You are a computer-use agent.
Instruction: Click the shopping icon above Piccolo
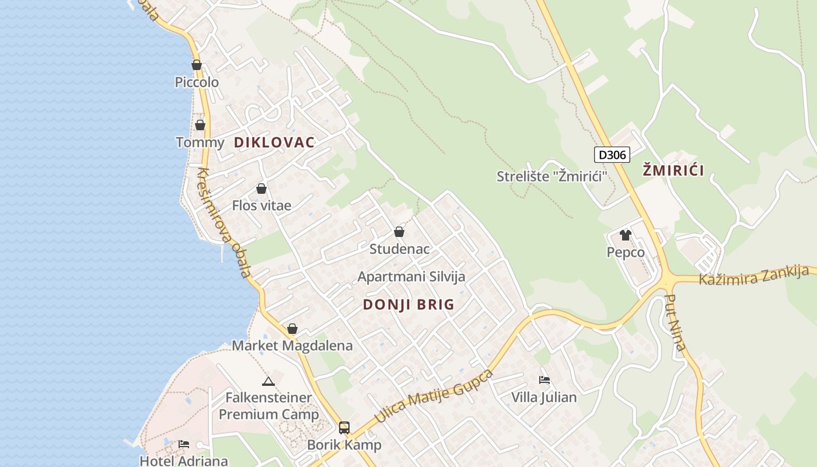(197, 65)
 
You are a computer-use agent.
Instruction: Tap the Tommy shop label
(200, 142)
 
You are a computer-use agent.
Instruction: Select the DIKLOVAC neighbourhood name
(274, 142)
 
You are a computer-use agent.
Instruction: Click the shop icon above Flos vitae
(261, 189)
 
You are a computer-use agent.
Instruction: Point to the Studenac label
(400, 249)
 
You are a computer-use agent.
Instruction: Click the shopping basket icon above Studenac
(399, 232)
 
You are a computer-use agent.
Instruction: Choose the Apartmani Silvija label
(411, 277)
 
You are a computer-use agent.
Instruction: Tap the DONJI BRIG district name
(408, 305)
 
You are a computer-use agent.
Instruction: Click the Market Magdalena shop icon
(292, 329)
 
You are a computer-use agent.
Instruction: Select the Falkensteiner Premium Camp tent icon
(268, 382)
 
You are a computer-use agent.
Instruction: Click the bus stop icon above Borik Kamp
(344, 427)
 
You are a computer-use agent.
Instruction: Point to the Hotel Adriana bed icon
(184, 444)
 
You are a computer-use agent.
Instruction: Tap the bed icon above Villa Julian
(544, 379)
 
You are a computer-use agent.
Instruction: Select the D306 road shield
(612, 155)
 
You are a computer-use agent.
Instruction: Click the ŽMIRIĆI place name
(673, 171)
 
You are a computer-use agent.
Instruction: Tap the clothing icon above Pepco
(626, 235)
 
